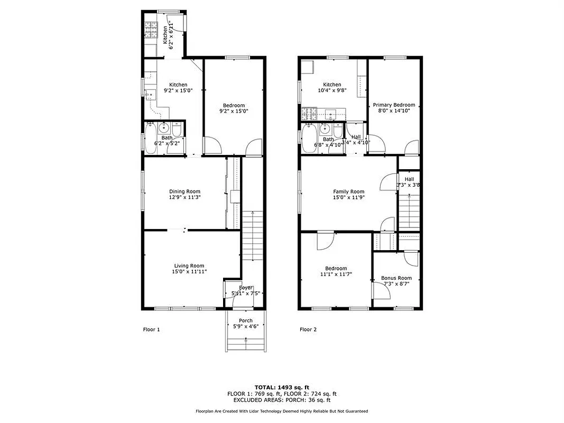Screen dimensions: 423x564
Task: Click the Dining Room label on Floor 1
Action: click(184, 191)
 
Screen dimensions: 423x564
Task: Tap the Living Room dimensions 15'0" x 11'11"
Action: click(189, 271)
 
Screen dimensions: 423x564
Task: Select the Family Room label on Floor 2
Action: click(348, 191)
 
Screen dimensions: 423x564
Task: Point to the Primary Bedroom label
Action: click(394, 105)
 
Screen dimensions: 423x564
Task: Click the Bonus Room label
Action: click(396, 278)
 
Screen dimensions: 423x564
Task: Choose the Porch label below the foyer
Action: click(245, 320)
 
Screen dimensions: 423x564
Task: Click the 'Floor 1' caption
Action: click(151, 329)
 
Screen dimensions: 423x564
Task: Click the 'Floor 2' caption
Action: click(308, 329)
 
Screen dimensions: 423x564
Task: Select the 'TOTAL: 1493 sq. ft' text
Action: click(281, 387)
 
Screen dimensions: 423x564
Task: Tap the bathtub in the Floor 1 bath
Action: click(151, 139)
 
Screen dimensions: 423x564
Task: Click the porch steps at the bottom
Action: click(245, 344)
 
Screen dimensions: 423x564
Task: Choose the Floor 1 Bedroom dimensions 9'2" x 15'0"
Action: click(234, 111)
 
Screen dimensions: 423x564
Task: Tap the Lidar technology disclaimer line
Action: click(281, 411)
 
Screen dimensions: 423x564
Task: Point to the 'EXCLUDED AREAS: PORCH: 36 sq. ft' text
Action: click(281, 400)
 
